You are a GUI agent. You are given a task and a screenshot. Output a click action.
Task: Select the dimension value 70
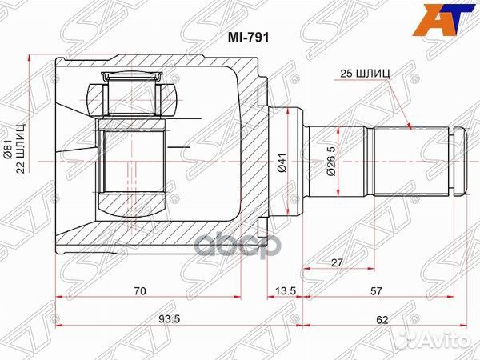coord(140,292)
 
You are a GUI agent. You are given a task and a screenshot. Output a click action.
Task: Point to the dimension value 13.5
coord(282,292)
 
